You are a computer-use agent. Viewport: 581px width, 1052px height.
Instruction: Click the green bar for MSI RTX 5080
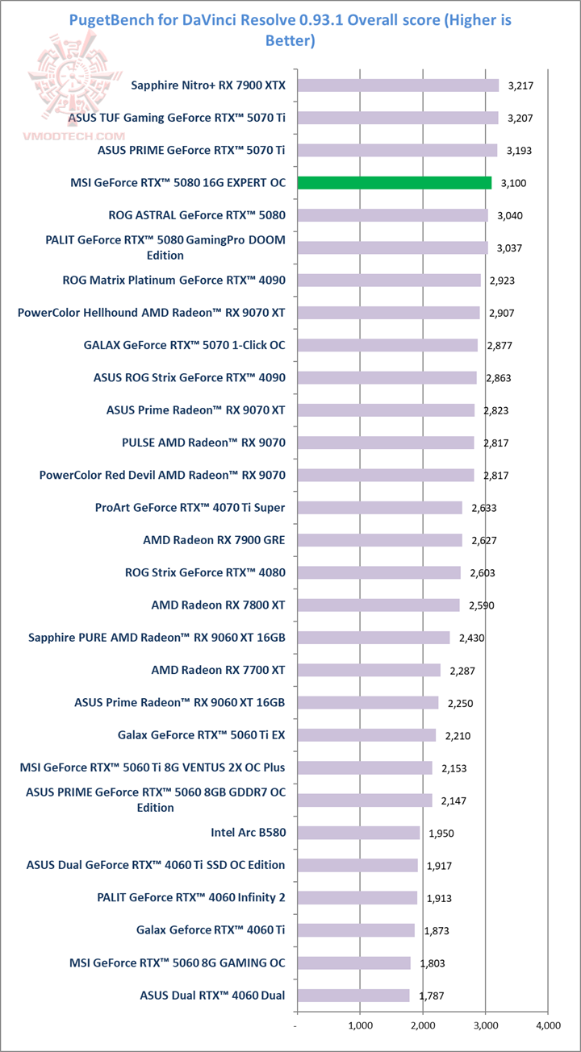(395, 183)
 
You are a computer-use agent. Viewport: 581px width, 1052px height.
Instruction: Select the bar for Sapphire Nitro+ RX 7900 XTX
(398, 85)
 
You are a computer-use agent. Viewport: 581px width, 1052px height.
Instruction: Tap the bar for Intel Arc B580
(358, 833)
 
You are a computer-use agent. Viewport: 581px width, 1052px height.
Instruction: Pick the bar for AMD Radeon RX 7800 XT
(378, 605)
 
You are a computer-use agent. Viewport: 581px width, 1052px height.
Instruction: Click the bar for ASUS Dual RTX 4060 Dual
(353, 995)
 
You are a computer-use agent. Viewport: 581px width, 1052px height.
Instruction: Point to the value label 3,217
(520, 85)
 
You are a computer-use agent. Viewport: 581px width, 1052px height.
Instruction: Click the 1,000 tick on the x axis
(360, 1026)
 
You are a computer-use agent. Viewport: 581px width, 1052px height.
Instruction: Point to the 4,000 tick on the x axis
(548, 1026)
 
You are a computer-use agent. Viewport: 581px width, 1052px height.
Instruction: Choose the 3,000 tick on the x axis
(485, 1026)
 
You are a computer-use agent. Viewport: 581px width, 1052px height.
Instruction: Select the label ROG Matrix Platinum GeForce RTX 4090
(173, 281)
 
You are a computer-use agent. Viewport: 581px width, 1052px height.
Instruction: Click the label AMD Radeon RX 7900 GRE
(214, 540)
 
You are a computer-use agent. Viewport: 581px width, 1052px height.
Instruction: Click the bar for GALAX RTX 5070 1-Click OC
(387, 345)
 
